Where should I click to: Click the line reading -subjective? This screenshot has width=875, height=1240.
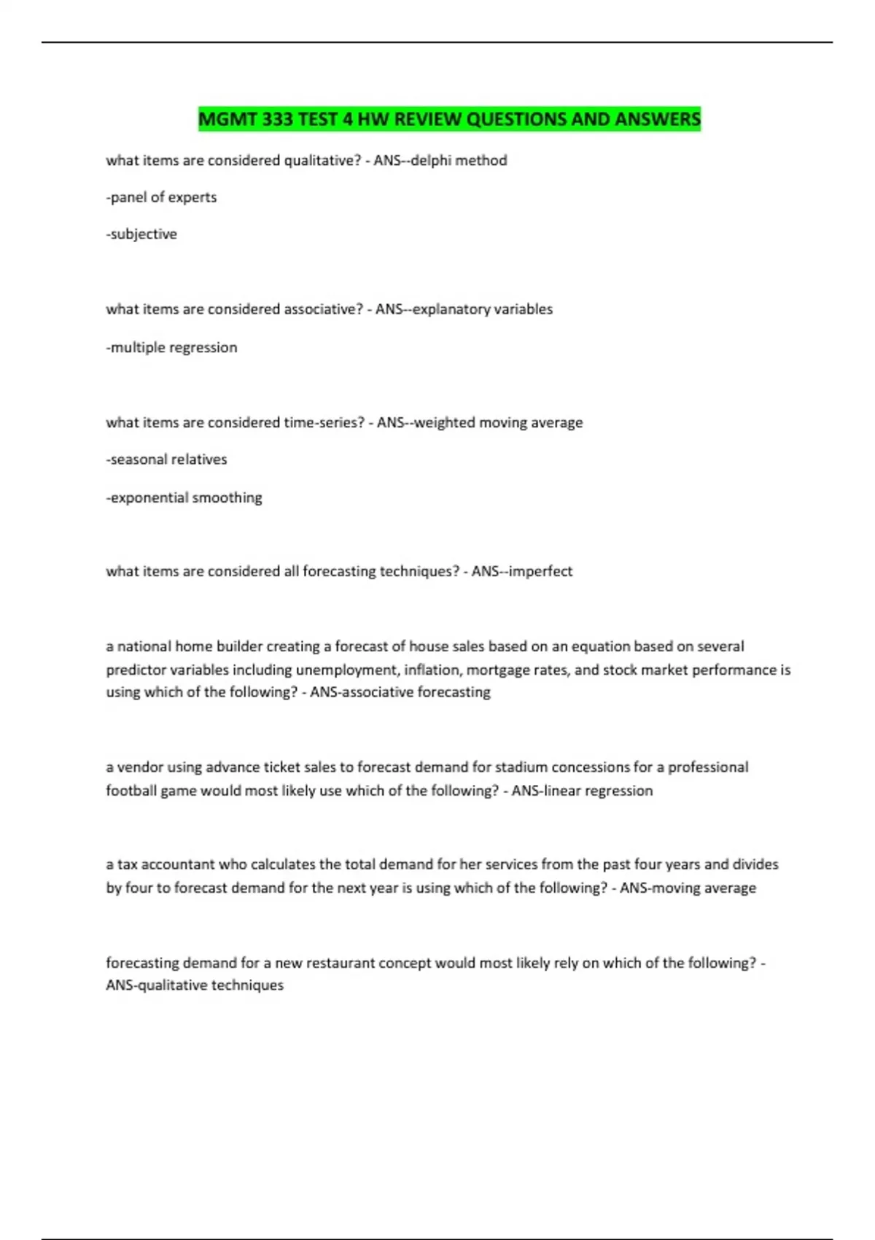pos(141,234)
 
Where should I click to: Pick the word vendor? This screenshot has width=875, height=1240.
pos(140,767)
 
